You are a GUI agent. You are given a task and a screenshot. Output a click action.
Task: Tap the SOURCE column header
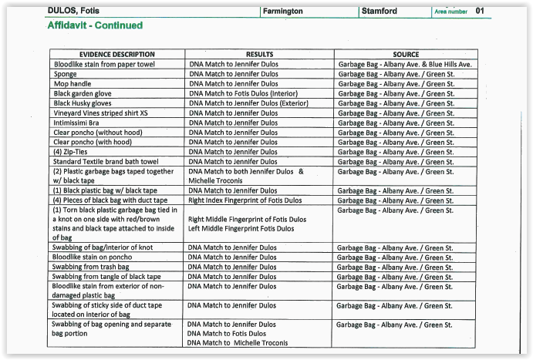405,55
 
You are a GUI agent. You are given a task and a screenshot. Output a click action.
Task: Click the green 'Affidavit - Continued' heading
95,26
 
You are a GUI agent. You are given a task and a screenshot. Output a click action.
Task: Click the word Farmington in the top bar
283,12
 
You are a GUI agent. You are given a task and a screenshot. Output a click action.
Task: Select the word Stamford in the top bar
379,12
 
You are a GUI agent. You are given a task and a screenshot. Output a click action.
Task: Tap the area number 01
480,12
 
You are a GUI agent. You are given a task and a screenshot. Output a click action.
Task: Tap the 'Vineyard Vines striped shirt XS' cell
103,113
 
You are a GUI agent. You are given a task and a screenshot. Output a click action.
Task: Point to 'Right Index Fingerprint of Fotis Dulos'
245,200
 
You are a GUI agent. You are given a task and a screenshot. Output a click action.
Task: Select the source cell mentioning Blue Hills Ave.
404,64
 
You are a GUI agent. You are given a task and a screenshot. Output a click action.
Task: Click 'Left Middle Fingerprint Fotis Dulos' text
241,229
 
